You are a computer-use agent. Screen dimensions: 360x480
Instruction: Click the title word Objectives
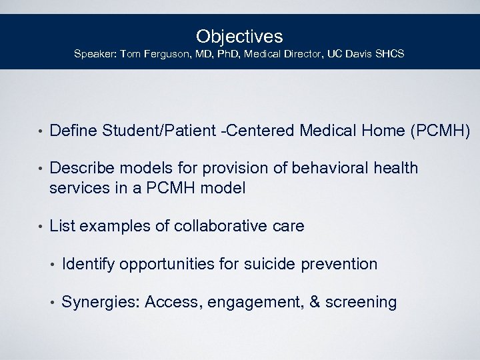tap(239, 36)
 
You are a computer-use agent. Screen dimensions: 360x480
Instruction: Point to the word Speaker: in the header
tap(93, 53)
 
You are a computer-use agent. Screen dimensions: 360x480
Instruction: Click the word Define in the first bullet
tap(73, 131)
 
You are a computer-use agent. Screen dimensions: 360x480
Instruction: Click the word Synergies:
tap(100, 303)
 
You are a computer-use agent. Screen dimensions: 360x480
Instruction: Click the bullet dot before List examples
tap(40, 227)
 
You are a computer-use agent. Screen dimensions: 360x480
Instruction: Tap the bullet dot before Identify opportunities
tap(52, 265)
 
